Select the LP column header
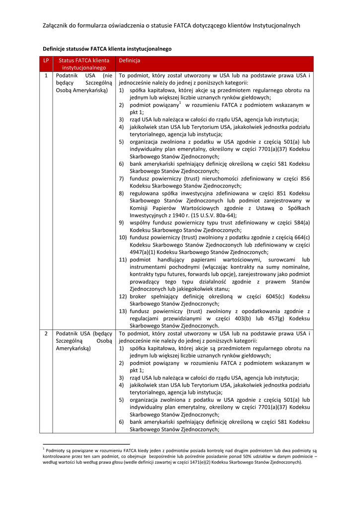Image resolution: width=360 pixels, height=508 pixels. (x=46, y=60)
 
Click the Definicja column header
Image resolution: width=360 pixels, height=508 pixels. (x=129, y=60)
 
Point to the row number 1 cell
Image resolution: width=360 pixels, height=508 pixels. (x=46, y=75)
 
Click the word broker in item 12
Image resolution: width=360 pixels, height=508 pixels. (x=140, y=296)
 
